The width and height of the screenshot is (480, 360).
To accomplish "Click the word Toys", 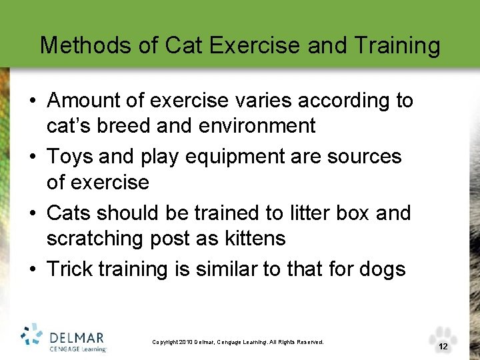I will click(x=70, y=157).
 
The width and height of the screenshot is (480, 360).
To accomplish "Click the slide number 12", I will click(x=443, y=347).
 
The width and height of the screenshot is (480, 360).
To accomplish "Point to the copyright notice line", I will click(x=238, y=342).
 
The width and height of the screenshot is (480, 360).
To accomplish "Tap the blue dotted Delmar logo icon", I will click(x=32, y=336).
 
